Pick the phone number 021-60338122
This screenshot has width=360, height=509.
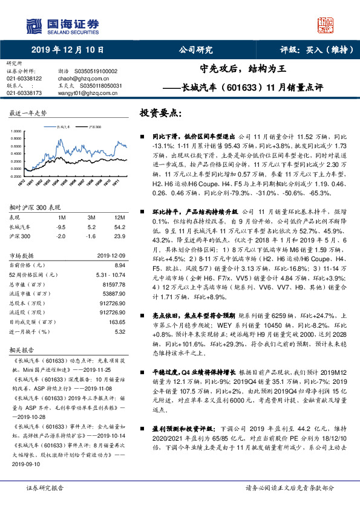click(24, 79)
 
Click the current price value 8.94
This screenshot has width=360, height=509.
click(119, 264)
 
